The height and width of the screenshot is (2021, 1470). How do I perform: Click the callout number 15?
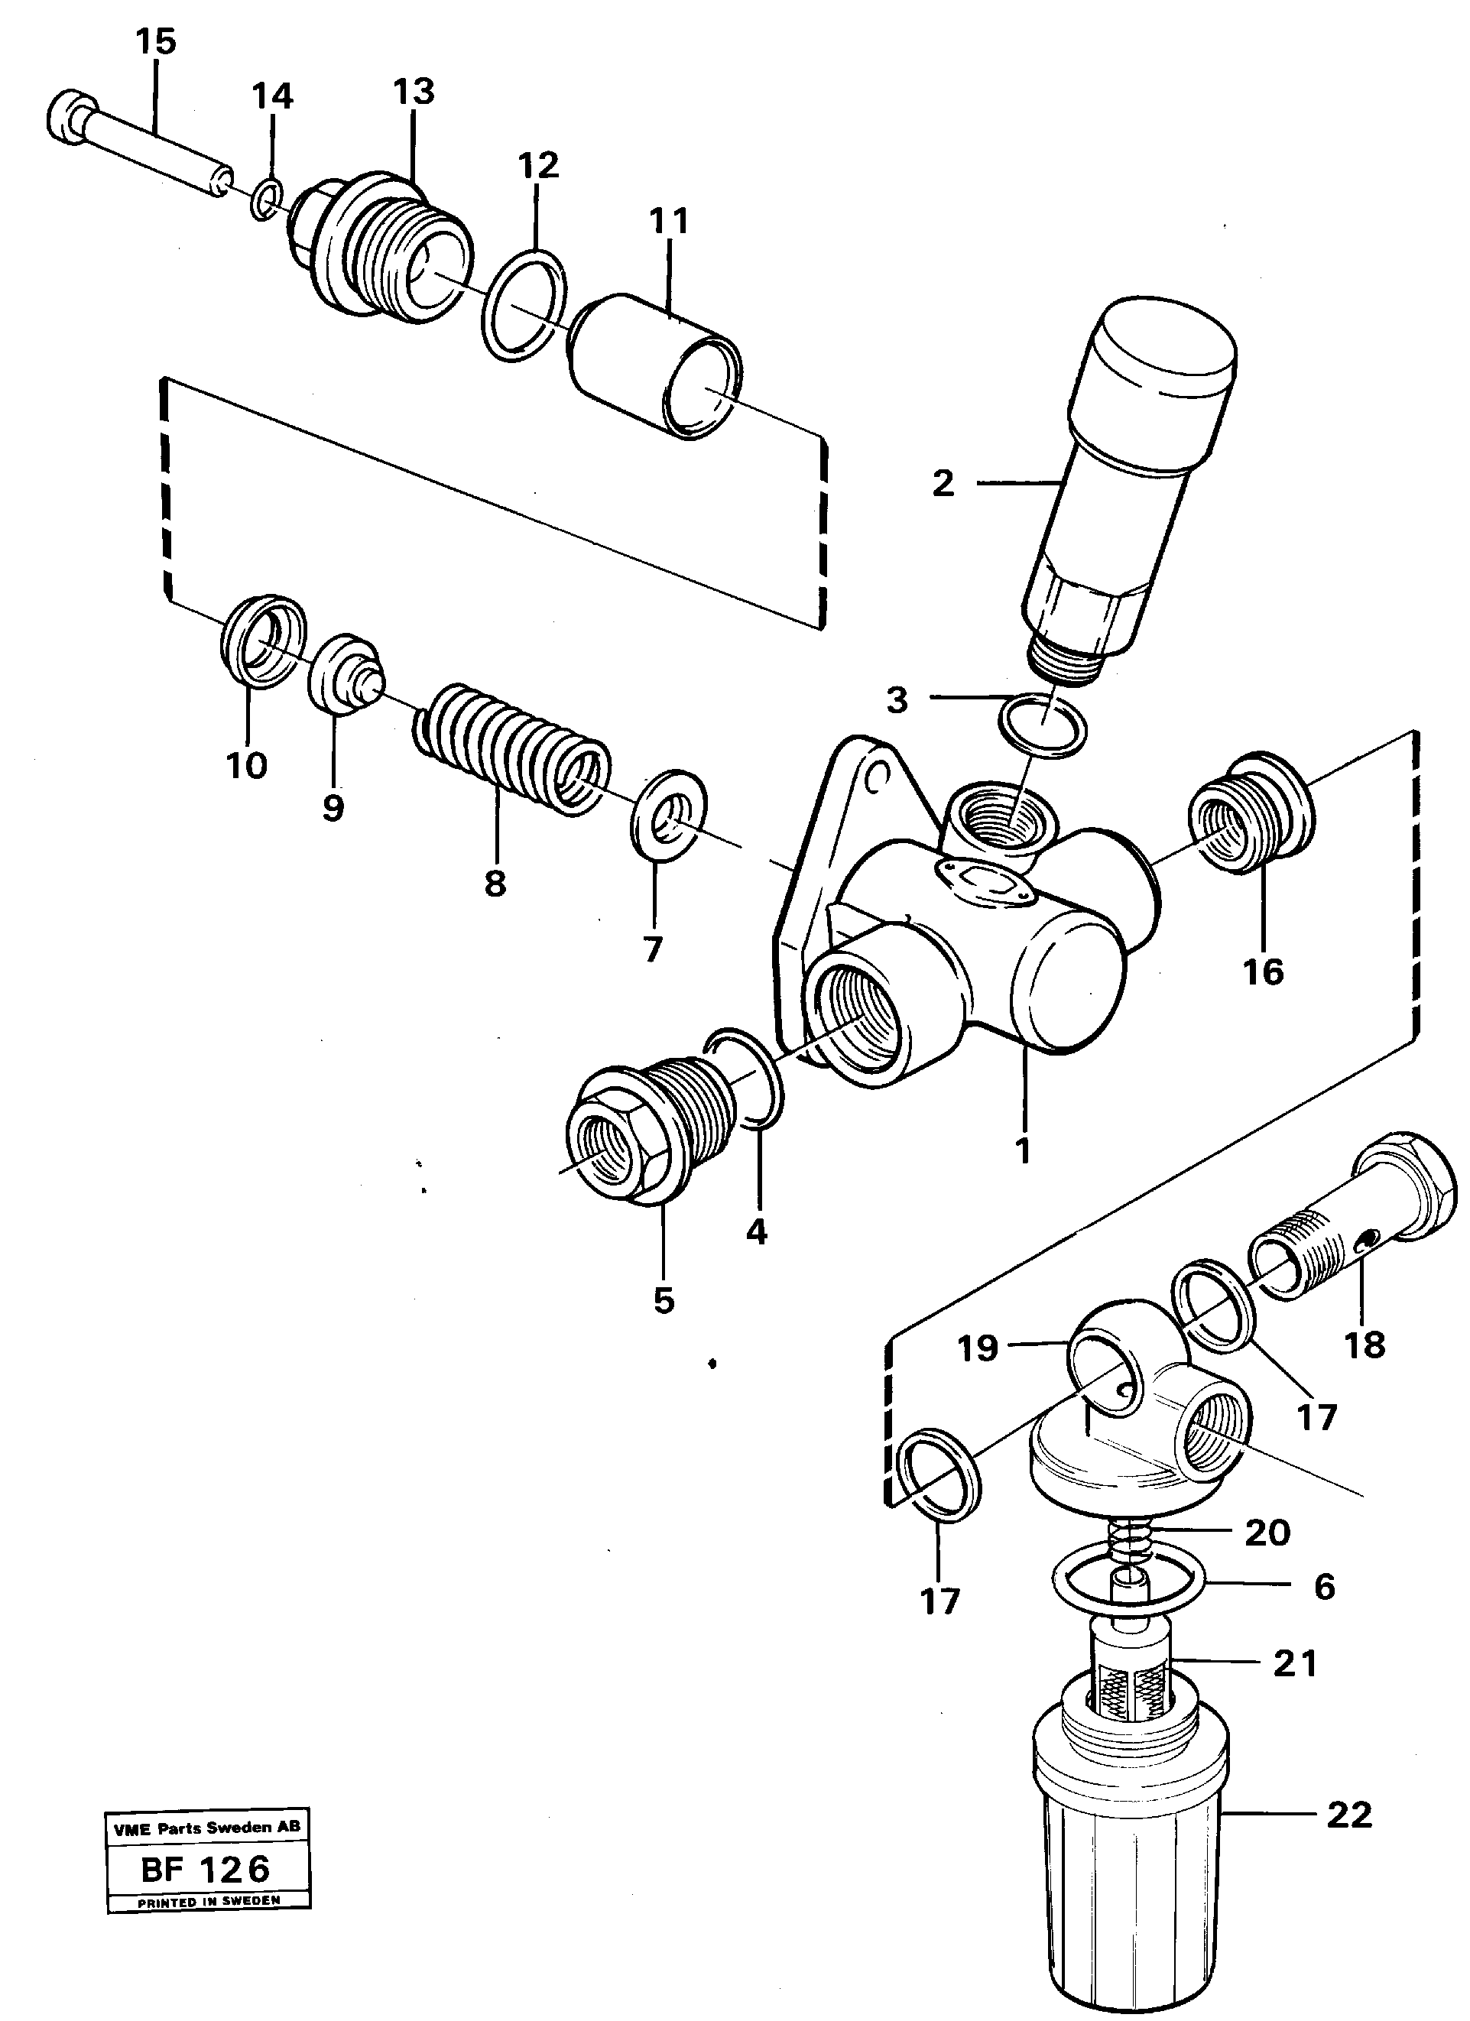click(156, 42)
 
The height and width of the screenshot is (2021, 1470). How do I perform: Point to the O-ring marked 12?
click(524, 305)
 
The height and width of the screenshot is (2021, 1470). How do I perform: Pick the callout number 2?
click(943, 484)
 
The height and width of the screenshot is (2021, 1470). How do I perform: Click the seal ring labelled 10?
click(263, 640)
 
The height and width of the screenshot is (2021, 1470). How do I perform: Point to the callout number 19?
click(978, 1348)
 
